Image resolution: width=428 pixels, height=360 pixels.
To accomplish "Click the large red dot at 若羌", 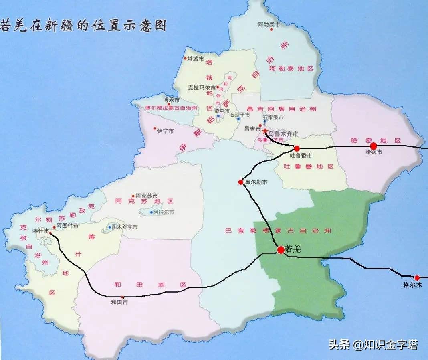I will click(x=281, y=249).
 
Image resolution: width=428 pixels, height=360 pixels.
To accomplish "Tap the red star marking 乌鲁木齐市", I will click(x=265, y=131).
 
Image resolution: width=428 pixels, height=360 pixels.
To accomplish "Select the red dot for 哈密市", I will click(x=373, y=146).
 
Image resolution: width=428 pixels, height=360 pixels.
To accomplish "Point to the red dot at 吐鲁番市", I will click(x=297, y=148).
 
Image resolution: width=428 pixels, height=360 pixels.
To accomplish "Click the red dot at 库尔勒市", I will click(x=241, y=182).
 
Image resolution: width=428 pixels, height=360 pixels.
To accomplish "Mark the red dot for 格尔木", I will click(x=417, y=277).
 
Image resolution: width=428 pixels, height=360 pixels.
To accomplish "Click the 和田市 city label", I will click(x=119, y=303).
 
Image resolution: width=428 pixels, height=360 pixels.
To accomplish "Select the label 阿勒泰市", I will click(x=269, y=24).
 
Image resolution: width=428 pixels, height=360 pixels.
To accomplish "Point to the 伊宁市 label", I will click(x=166, y=131).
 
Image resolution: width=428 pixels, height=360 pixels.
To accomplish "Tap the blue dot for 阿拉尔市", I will click(x=151, y=212).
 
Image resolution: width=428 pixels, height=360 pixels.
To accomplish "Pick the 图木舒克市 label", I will click(x=125, y=227).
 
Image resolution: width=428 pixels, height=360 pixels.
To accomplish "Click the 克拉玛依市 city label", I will click(x=202, y=87).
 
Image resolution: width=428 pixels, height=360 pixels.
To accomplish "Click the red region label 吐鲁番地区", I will click(x=309, y=166).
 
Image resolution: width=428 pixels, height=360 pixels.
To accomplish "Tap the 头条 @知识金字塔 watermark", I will click(x=373, y=344).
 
